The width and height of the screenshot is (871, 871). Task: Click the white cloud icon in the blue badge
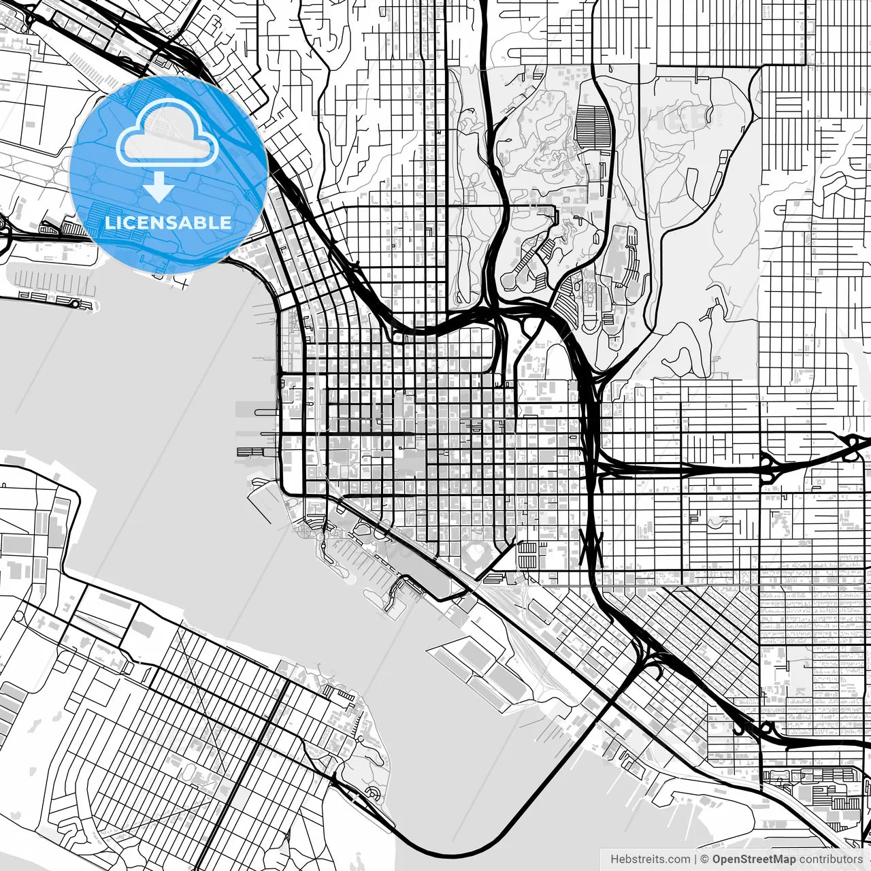(167, 135)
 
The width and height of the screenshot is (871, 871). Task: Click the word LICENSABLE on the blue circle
(168, 223)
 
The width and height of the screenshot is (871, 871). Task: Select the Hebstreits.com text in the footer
(650, 859)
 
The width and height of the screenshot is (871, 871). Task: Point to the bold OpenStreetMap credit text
(754, 859)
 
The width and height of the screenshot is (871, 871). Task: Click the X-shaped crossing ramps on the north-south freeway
(591, 544)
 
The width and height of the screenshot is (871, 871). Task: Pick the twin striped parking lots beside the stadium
(527, 555)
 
